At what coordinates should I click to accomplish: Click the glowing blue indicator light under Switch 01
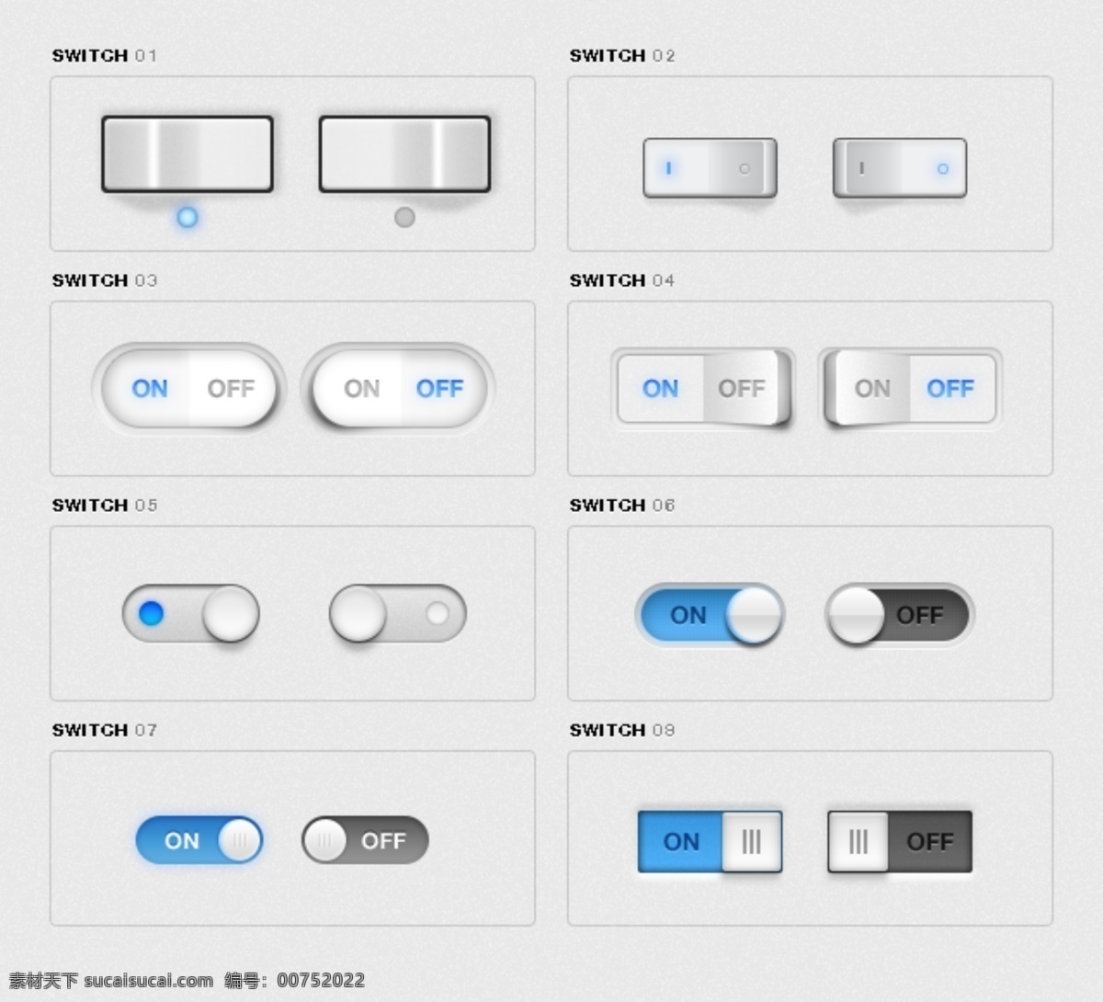coord(187,217)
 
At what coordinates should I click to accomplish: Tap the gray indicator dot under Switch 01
coord(404,217)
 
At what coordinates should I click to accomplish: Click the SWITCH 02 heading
coord(622,55)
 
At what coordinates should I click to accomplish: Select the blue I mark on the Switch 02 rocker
coord(668,167)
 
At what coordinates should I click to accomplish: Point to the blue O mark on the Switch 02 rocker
coord(942,168)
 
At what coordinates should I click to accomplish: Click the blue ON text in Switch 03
coord(150,389)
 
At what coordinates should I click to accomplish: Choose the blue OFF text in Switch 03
coord(439,389)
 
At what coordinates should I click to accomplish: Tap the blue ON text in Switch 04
coord(660,389)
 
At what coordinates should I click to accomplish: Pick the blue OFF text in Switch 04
coord(950,389)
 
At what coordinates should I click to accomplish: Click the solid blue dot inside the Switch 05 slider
coord(152,613)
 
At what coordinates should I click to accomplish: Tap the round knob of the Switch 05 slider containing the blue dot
coord(231,613)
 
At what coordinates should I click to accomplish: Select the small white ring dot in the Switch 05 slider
coord(438,613)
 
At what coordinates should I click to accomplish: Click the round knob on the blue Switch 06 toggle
coord(754,614)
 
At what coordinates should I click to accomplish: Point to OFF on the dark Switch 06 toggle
coord(919,615)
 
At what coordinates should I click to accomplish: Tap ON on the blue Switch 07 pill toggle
coord(181,841)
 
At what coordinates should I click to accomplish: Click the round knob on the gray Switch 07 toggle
coord(324,840)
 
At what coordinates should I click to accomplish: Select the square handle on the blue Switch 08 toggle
coord(752,841)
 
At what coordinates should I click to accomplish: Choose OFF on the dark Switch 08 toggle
coord(930,842)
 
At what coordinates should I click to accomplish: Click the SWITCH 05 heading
coord(105,506)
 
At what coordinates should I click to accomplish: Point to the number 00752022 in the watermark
coord(321,981)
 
